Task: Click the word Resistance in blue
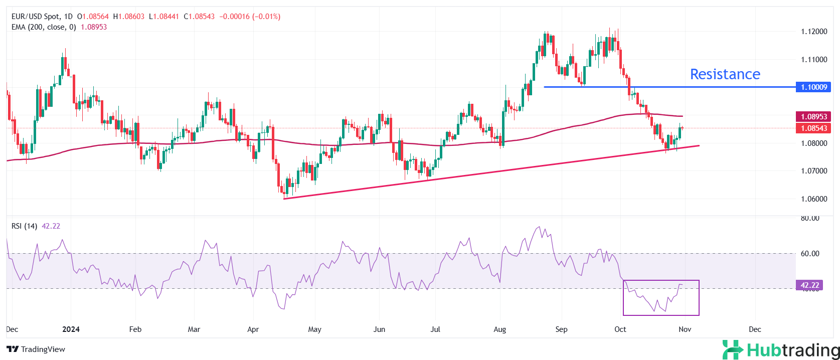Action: point(725,74)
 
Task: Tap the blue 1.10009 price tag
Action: point(813,87)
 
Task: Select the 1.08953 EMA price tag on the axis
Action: point(813,117)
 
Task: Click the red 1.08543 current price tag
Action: point(813,128)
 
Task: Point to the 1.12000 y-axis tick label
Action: point(813,32)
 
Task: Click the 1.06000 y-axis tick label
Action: point(813,199)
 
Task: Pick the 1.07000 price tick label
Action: point(813,171)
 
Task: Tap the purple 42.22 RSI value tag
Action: point(809,285)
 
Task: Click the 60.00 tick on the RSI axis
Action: point(809,254)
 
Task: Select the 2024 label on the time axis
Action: point(71,329)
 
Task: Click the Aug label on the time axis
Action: point(499,329)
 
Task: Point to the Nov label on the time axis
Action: point(685,329)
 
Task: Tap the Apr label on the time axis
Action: point(253,329)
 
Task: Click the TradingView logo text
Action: point(43,349)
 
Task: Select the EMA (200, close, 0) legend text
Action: point(44,27)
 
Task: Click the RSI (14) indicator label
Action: point(24,226)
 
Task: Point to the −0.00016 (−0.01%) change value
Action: point(249,17)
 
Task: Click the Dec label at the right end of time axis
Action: point(754,329)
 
